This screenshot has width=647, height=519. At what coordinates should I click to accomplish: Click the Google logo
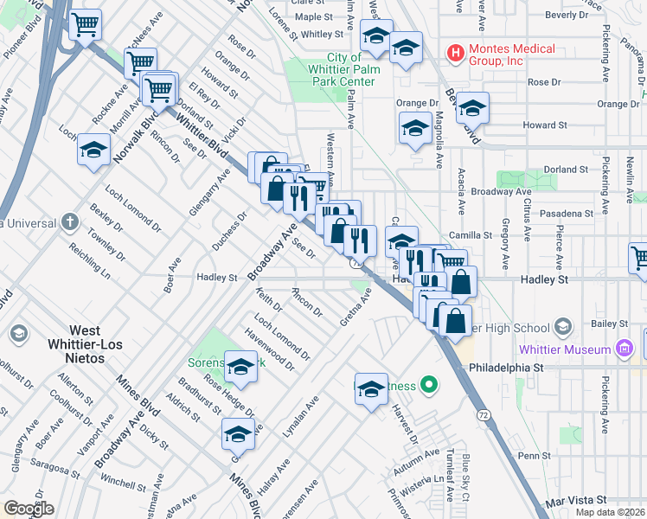(x=29, y=509)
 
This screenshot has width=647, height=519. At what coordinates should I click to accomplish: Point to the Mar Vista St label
(x=576, y=501)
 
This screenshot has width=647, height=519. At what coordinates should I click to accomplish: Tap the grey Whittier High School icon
(x=563, y=327)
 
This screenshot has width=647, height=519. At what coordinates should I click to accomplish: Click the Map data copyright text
(x=611, y=512)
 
